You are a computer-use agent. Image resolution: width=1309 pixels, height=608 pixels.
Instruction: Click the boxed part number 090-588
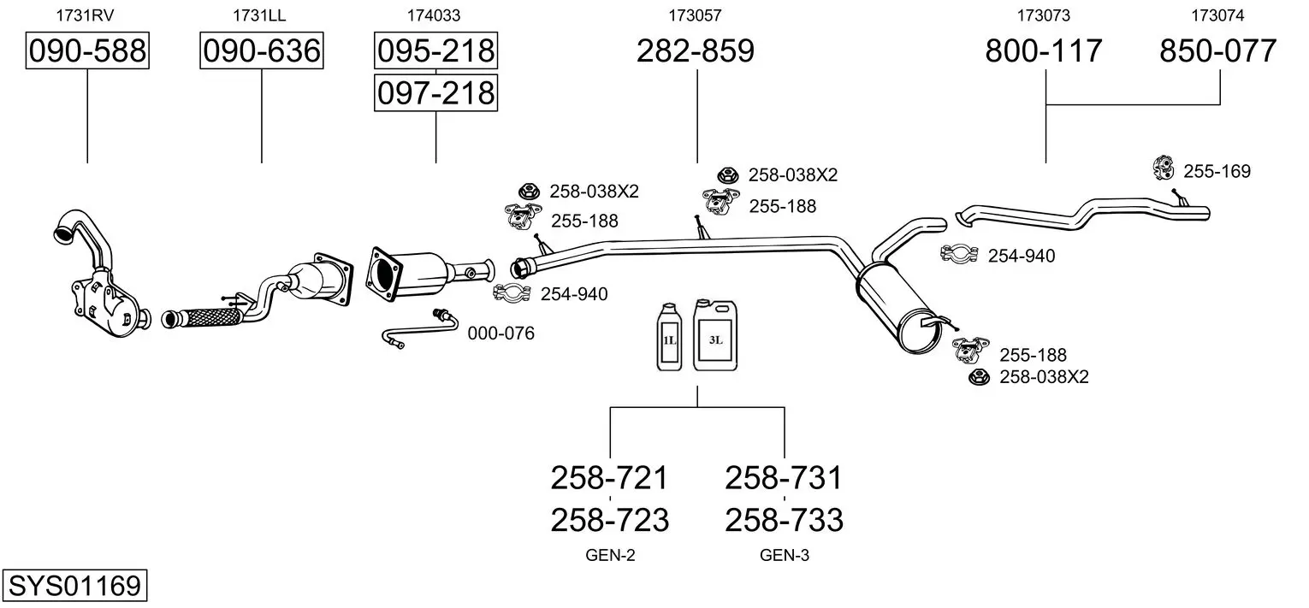click(87, 51)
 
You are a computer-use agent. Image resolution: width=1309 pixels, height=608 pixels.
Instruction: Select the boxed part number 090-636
click(261, 51)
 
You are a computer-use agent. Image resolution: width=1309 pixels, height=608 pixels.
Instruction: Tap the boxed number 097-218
click(435, 92)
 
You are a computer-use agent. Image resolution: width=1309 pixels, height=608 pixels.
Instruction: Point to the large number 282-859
click(696, 51)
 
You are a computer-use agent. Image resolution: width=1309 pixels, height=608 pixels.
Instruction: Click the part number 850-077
click(1218, 51)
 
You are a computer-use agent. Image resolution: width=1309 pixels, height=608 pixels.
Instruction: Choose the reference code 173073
click(1044, 15)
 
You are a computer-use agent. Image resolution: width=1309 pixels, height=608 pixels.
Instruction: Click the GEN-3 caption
click(784, 556)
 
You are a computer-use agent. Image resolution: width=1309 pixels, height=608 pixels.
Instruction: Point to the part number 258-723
click(609, 519)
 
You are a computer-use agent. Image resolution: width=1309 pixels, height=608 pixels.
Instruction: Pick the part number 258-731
click(784, 477)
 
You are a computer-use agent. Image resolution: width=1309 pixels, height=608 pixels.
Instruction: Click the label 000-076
click(500, 334)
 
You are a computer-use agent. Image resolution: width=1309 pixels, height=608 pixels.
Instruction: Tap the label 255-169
click(1217, 171)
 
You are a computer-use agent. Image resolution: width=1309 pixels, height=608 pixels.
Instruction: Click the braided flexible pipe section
click(202, 319)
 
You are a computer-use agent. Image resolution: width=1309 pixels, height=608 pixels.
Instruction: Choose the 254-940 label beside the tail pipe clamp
click(1022, 256)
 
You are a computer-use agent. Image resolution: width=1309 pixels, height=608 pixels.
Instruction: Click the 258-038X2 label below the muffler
click(1044, 376)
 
